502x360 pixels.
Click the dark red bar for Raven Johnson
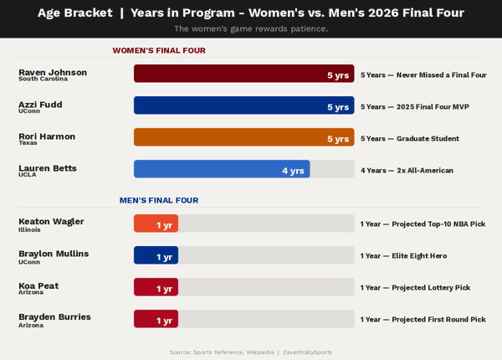tap(243, 74)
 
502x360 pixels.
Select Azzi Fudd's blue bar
tap(243, 105)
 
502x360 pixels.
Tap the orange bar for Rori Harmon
tap(243, 137)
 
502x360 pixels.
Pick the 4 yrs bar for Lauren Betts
tap(222, 169)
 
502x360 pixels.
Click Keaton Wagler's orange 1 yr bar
tap(156, 224)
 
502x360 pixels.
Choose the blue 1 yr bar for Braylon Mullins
tap(156, 255)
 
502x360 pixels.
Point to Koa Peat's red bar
tap(156, 287)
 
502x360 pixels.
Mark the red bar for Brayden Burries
tap(156, 319)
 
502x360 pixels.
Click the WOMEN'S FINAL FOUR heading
tap(159, 50)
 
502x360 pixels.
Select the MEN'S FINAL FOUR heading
tap(159, 200)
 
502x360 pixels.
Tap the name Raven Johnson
tap(53, 72)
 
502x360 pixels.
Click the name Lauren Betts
tap(48, 167)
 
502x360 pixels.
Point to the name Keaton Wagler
tap(51, 221)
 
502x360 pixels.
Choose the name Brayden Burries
tap(54, 316)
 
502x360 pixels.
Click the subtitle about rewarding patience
tap(251, 28)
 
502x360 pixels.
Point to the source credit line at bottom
tap(251, 352)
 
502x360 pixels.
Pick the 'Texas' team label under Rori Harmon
tap(28, 143)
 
